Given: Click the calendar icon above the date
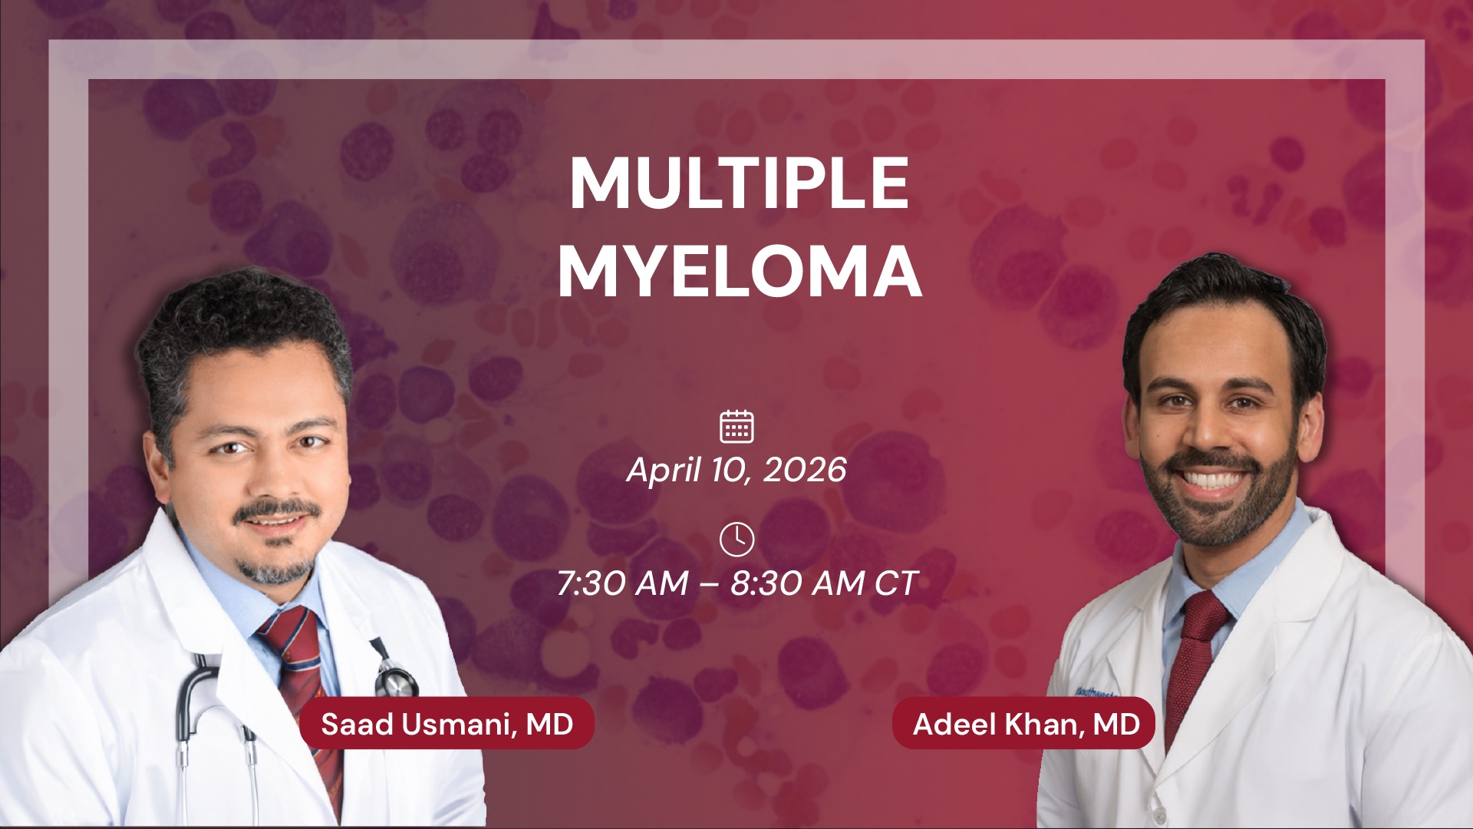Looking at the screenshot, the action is pyautogui.click(x=736, y=426).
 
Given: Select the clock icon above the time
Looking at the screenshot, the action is pyautogui.click(x=736, y=539).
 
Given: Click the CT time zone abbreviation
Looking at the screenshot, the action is pyautogui.click(x=896, y=584).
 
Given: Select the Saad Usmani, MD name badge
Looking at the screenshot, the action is pyautogui.click(x=447, y=723).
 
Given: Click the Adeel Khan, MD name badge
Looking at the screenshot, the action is pyautogui.click(x=1023, y=723).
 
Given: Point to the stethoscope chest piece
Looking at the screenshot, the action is pyautogui.click(x=395, y=679).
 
